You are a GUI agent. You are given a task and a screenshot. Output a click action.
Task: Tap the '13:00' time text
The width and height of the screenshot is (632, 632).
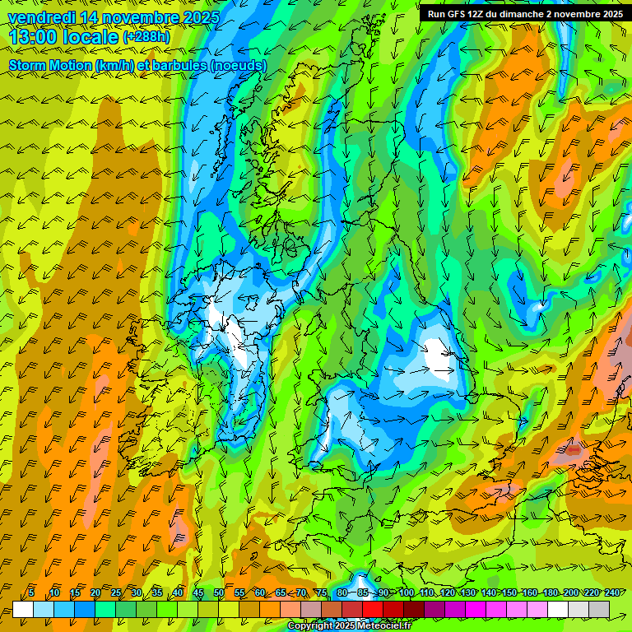33,37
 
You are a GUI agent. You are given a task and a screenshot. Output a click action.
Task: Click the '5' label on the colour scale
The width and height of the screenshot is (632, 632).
31,592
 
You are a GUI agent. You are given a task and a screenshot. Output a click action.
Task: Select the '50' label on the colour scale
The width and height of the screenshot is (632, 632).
219,592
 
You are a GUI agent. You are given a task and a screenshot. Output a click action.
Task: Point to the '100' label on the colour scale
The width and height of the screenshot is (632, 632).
406,592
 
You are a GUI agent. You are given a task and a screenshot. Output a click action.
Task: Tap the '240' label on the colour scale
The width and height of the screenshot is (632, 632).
611,592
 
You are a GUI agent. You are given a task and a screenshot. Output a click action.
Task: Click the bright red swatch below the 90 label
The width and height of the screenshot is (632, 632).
373,609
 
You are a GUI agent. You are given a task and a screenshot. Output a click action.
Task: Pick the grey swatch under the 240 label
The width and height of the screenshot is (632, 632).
599,609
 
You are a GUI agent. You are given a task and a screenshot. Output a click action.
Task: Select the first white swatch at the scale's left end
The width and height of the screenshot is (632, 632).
23,609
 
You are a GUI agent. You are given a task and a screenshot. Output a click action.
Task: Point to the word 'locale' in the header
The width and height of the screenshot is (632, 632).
90,37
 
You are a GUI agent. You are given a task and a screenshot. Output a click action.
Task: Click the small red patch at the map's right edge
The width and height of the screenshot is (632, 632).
573,450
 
